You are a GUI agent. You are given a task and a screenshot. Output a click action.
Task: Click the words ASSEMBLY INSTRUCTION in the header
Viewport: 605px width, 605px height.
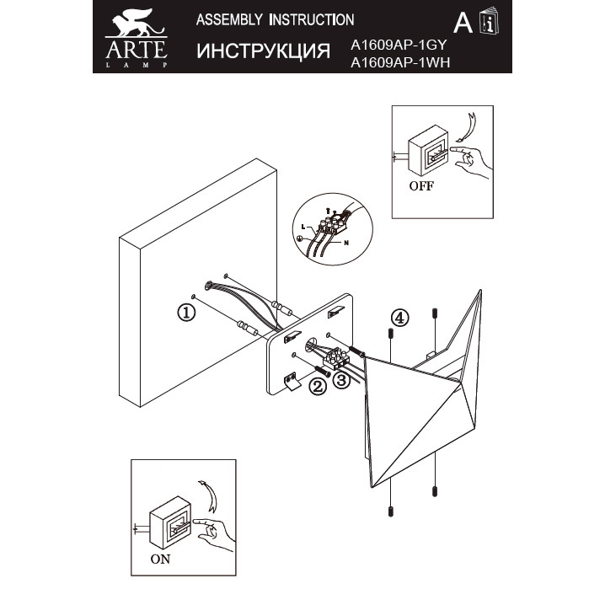[275, 19]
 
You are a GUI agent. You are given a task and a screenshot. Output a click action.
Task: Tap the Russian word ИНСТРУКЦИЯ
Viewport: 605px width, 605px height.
[263, 51]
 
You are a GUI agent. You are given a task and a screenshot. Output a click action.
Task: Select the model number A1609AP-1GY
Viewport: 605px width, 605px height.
[399, 46]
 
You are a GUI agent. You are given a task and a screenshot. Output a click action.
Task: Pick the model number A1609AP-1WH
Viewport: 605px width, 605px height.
[400, 62]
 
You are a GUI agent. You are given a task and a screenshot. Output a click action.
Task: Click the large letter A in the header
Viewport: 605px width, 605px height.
[463, 23]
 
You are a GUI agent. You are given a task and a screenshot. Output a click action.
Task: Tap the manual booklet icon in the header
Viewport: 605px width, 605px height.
[489, 21]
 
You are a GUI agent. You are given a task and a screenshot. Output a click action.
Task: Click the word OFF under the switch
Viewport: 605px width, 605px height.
[421, 186]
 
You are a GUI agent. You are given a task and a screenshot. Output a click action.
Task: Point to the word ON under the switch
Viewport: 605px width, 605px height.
[160, 559]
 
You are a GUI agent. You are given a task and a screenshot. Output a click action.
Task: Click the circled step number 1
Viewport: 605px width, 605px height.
[186, 312]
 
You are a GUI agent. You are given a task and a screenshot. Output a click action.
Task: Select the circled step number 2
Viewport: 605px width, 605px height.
[318, 386]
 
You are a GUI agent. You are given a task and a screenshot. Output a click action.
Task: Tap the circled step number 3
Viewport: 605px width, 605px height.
[340, 380]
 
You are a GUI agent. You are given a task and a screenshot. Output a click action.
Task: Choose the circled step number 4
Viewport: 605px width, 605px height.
[399, 318]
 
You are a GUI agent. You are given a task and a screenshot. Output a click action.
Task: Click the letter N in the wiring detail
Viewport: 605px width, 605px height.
[346, 243]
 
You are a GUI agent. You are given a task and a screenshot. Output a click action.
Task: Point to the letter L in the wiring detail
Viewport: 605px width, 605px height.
[303, 227]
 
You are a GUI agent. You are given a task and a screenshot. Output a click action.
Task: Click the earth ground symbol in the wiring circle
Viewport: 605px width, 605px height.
[301, 239]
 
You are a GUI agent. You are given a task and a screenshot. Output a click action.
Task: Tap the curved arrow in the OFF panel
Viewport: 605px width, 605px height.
[468, 127]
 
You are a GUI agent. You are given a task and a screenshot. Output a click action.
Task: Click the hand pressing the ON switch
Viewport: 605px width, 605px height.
[213, 533]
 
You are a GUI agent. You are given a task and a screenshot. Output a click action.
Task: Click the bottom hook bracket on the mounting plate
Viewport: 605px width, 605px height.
[292, 381]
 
